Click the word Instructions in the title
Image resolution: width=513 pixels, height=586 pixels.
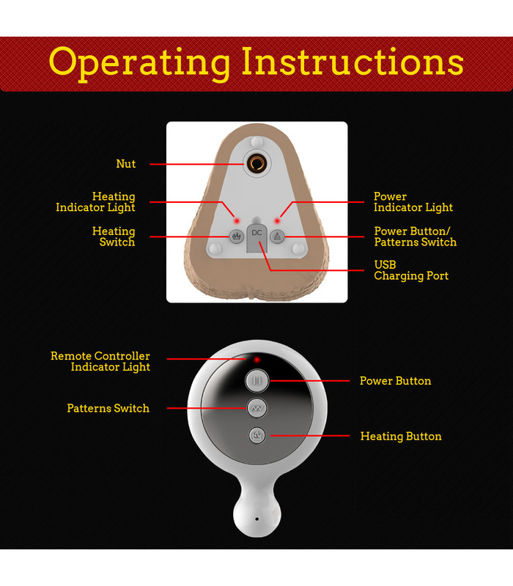pos(353,62)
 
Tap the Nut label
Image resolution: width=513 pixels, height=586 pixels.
pos(125,163)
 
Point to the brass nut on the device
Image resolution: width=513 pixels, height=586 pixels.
pos(257,163)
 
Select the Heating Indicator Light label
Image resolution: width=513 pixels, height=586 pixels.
pos(95,202)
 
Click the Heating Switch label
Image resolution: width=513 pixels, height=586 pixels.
pos(114,237)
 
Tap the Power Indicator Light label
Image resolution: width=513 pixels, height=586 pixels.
pos(413,202)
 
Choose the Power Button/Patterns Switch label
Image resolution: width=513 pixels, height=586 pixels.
pos(415,237)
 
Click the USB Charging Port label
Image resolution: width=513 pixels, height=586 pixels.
pos(411,270)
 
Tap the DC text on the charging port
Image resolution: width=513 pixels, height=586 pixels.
pos(256,233)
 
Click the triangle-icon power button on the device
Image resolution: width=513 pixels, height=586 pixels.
pos(277,236)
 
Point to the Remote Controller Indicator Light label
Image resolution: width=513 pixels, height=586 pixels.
pos(100,361)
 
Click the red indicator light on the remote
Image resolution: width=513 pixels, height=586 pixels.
pos(257,360)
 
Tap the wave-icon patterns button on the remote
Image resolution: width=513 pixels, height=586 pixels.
pos(257,408)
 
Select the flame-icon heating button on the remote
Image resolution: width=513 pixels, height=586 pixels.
pos(257,435)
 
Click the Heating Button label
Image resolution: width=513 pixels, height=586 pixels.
pos(401,436)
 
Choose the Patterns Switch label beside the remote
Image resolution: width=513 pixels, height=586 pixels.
pos(108,408)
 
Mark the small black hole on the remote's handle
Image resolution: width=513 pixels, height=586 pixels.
pos(257,519)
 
